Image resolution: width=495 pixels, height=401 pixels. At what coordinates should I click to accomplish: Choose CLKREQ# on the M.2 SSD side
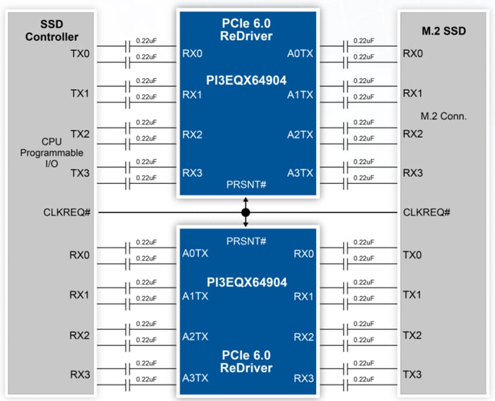tap(426, 213)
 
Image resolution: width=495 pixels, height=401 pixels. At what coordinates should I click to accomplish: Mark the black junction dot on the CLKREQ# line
tap(246, 213)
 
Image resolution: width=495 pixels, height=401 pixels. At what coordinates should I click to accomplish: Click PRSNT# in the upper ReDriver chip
tap(246, 185)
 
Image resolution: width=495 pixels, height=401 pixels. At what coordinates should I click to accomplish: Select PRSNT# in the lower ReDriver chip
tap(246, 240)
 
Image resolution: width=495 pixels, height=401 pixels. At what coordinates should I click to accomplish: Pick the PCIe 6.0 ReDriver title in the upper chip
tap(246, 29)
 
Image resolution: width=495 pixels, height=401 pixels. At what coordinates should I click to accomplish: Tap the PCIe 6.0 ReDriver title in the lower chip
tap(246, 362)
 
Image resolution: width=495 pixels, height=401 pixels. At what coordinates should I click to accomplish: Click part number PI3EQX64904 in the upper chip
tap(246, 80)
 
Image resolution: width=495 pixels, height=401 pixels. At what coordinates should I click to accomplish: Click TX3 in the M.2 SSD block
tap(413, 374)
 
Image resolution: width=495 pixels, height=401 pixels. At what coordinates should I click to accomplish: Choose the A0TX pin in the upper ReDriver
tap(300, 54)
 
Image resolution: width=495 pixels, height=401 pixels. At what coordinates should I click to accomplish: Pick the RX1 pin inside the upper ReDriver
tap(192, 95)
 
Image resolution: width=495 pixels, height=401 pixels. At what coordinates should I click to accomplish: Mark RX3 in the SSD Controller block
tap(79, 374)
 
